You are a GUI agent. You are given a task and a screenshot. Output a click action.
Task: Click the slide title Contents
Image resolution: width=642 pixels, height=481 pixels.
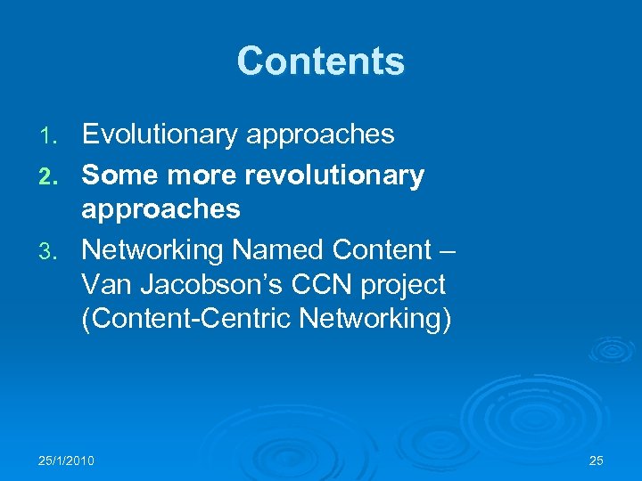[x=320, y=61]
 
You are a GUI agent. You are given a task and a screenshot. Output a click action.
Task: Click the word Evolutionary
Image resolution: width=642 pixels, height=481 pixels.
[x=159, y=135]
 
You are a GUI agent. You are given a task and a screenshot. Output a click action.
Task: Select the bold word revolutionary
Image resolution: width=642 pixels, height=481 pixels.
[x=330, y=175]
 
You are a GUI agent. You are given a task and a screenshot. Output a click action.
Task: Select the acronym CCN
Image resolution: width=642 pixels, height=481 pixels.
[x=317, y=285]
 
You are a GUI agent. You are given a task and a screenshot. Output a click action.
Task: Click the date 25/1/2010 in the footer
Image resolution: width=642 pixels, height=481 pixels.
[x=67, y=461]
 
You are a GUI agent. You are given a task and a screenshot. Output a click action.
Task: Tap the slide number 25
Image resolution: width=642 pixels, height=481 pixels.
[x=597, y=461]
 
